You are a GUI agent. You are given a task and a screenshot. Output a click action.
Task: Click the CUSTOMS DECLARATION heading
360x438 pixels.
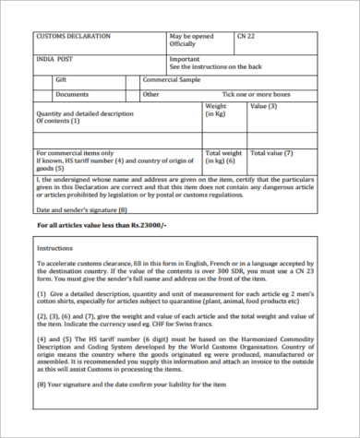[x=73, y=37]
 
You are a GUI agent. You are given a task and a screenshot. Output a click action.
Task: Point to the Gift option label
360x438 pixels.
[x=62, y=80]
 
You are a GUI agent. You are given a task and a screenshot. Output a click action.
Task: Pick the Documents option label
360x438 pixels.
[x=72, y=94]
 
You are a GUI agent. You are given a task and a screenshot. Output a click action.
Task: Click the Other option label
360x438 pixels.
[x=151, y=94]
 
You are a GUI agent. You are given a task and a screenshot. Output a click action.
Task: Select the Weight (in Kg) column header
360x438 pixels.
[x=215, y=111]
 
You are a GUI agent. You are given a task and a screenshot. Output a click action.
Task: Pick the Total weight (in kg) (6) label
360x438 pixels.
[x=224, y=157]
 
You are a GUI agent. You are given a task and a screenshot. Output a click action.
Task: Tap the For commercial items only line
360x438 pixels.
[x=75, y=153]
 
